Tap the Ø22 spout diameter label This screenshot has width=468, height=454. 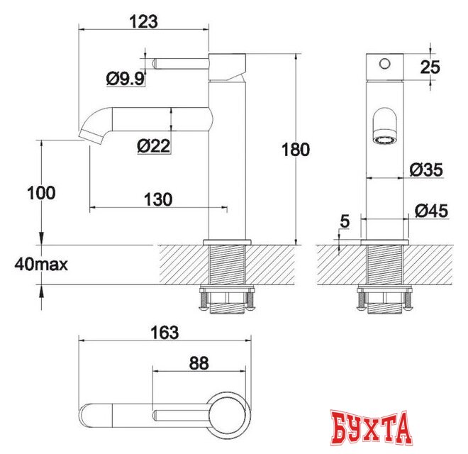coord(153,146)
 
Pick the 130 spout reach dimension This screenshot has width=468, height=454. coord(158,199)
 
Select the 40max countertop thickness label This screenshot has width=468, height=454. coord(40,265)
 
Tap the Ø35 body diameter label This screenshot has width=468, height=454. coord(426,170)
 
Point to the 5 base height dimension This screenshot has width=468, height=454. coord(345,221)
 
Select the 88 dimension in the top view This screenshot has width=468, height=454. coord(199,363)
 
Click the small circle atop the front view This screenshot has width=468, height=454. coord(384,64)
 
